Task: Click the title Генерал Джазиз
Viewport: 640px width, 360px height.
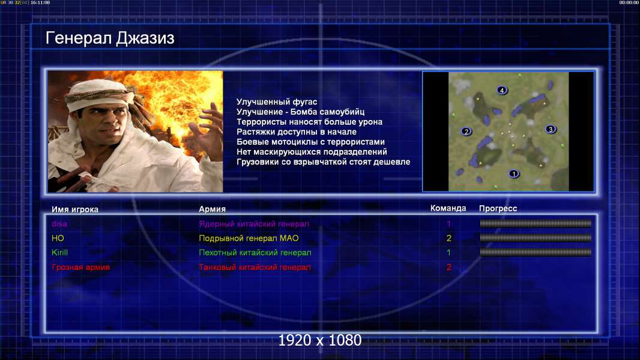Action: coord(110,38)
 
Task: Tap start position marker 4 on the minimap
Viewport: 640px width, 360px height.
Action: coord(502,90)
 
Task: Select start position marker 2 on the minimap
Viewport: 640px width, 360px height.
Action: coord(466,131)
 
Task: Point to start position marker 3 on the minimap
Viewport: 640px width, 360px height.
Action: coord(550,129)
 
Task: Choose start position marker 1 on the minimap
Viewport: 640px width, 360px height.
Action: coord(513,173)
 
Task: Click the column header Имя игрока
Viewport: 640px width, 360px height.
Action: coord(74,209)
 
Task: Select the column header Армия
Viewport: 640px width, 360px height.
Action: coord(213,209)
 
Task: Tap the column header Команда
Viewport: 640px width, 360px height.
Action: coord(448,208)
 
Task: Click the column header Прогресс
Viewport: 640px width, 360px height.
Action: coord(498,208)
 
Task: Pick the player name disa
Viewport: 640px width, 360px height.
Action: coord(59,224)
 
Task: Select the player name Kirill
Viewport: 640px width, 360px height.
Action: coord(59,253)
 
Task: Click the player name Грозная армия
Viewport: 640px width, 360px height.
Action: coord(80,268)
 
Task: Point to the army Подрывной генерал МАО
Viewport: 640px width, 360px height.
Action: coord(249,238)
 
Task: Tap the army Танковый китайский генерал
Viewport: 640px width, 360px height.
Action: coord(255,268)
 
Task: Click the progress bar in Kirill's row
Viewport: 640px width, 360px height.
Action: coord(536,253)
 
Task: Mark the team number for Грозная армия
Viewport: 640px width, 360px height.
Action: coord(448,268)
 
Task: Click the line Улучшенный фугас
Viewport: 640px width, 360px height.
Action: coord(277,102)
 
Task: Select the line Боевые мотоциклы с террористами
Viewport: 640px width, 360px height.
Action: coord(310,142)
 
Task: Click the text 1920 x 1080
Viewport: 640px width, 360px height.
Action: coord(319,340)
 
